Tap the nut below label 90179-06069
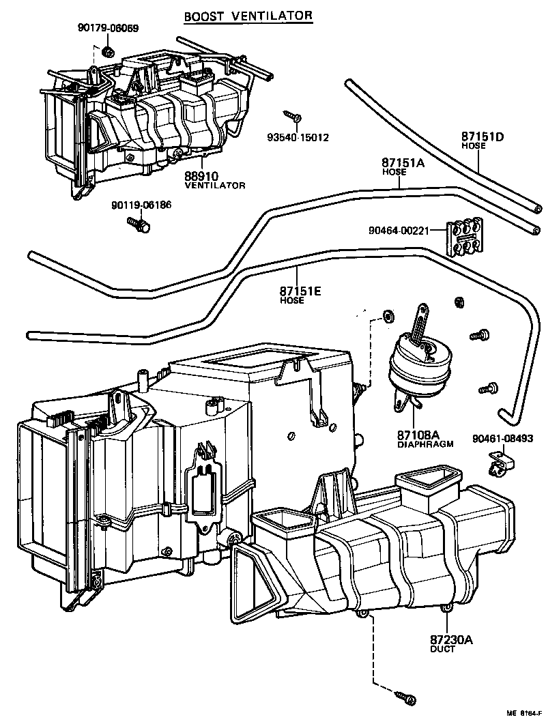tap(107, 52)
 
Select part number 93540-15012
tap(298, 137)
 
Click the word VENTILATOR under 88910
tap(214, 185)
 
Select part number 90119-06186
tap(143, 205)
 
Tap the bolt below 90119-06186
tap(141, 224)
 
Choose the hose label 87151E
tap(300, 291)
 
